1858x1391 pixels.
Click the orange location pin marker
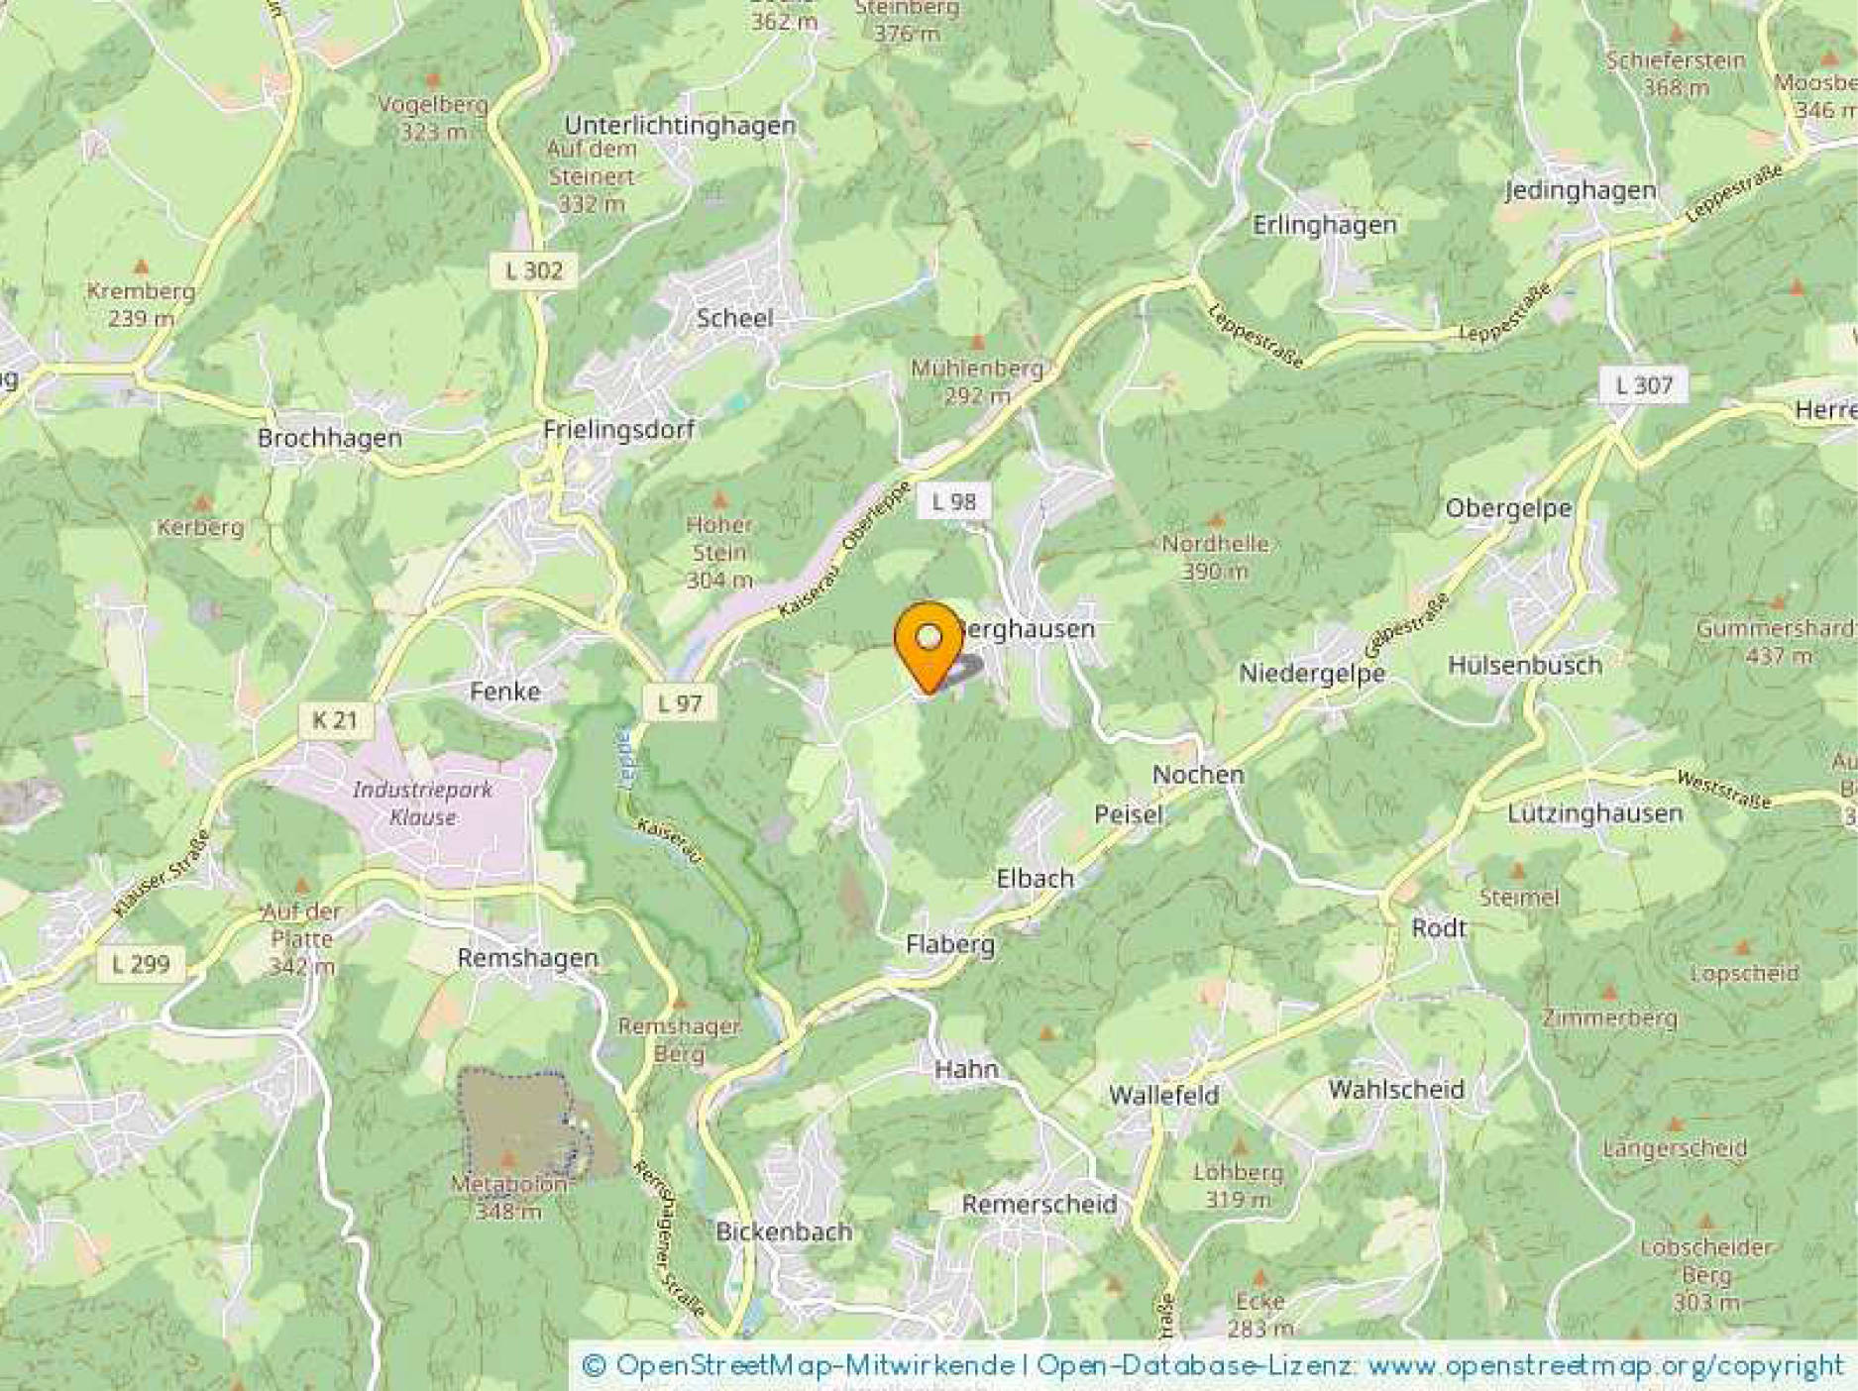pyautogui.click(x=929, y=643)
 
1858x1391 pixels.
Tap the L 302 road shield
pyautogui.click(x=533, y=270)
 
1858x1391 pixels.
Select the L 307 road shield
pyautogui.click(x=1643, y=384)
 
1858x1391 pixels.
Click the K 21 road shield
pyautogui.click(x=334, y=719)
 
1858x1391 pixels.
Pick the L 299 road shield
pyautogui.click(x=141, y=964)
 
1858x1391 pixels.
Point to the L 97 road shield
pyautogui.click(x=679, y=703)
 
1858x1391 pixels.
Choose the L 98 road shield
pyautogui.click(x=953, y=501)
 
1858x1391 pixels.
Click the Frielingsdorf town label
pyautogui.click(x=618, y=430)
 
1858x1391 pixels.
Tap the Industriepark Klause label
pyautogui.click(x=422, y=803)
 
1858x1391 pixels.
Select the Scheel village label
pyautogui.click(x=734, y=318)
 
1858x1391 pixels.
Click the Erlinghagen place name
pyautogui.click(x=1324, y=226)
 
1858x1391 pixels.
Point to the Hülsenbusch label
pyautogui.click(x=1524, y=666)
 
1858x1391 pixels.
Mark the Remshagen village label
pyautogui.click(x=527, y=958)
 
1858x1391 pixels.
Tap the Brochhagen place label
pyautogui.click(x=329, y=438)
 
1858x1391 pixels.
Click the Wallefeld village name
pyautogui.click(x=1163, y=1096)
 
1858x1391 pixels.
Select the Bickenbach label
pyautogui.click(x=784, y=1231)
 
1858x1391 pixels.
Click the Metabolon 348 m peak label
pyautogui.click(x=509, y=1197)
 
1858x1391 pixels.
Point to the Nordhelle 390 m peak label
pyautogui.click(x=1215, y=557)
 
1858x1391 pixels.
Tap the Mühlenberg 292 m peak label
pyautogui.click(x=977, y=381)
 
